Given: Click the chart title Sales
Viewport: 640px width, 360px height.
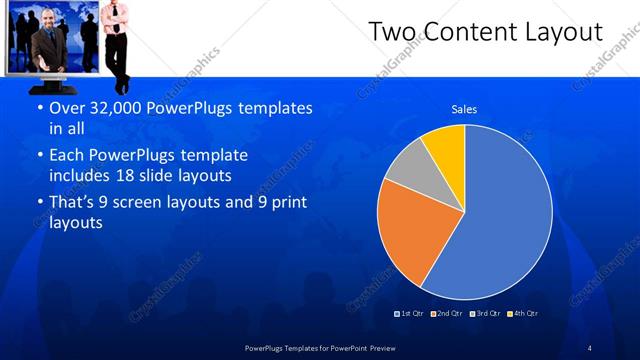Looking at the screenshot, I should [463, 108].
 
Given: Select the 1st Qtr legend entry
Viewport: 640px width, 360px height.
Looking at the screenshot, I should [410, 313].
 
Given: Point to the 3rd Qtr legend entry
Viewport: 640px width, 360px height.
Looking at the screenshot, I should [486, 313].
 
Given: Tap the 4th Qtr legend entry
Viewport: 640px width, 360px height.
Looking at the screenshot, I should [523, 313].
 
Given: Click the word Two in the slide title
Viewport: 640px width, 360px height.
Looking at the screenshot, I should [392, 33].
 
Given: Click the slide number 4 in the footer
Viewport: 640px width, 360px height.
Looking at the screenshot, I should [590, 347].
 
